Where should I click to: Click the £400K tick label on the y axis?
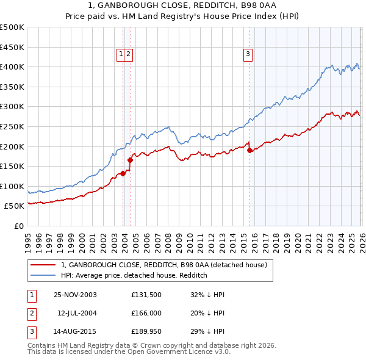[12, 67]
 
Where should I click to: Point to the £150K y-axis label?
[12, 166]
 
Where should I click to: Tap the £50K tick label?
[15, 206]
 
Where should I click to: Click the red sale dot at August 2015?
[249, 150]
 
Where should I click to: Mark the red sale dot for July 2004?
[130, 160]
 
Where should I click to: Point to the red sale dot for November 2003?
[123, 173]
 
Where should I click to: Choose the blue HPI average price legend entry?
[134, 275]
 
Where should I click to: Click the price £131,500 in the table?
[146, 295]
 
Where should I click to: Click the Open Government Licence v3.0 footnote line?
[129, 353]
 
